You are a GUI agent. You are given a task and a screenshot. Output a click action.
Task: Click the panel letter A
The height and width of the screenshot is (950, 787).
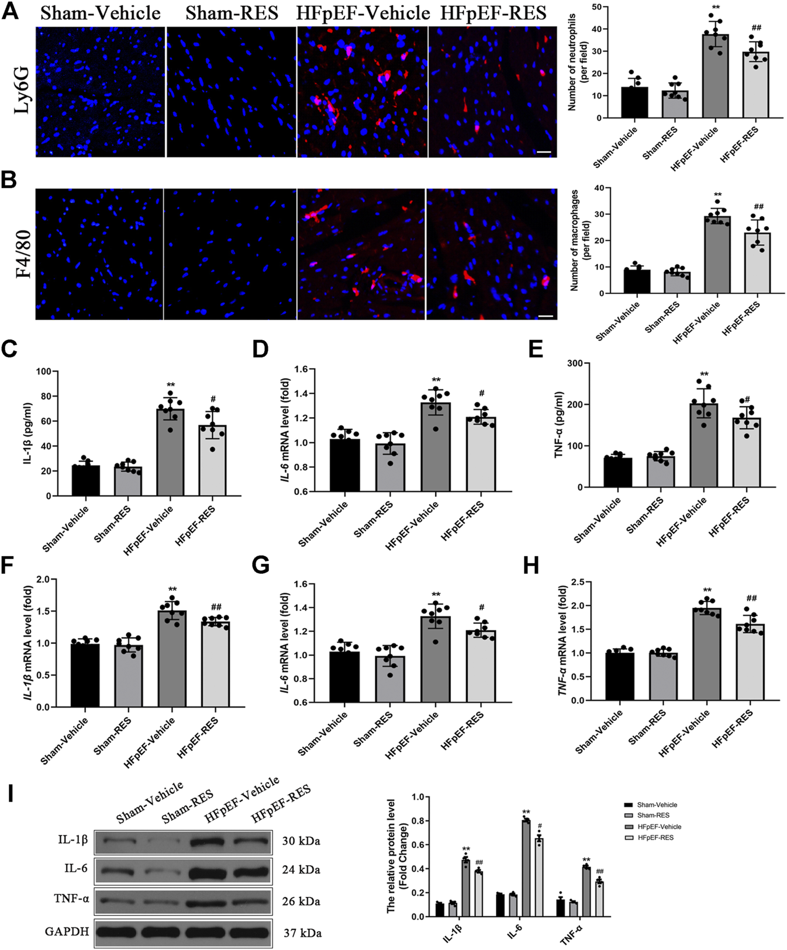pos(10,12)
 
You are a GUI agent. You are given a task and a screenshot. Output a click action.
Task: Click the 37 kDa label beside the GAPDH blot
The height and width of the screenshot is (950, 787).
pos(302,933)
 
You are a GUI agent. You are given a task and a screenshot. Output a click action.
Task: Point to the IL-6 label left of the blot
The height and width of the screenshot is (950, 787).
pos(76,869)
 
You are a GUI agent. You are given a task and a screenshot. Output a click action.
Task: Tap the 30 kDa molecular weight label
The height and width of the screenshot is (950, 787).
pos(301,841)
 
